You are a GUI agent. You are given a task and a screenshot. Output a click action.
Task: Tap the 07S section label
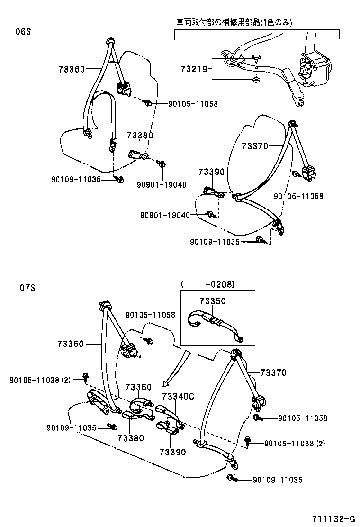pyautogui.click(x=27, y=288)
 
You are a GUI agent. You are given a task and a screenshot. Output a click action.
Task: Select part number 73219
pyautogui.click(x=194, y=69)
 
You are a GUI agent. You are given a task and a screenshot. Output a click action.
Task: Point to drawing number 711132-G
pyautogui.click(x=333, y=518)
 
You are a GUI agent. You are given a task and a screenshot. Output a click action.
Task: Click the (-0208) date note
pyautogui.click(x=207, y=284)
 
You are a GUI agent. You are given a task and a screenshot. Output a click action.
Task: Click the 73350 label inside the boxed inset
pyautogui.click(x=212, y=301)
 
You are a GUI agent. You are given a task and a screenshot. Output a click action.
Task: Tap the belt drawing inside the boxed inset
pyautogui.click(x=216, y=325)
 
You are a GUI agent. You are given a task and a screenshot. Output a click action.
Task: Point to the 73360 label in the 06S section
pyautogui.click(x=72, y=69)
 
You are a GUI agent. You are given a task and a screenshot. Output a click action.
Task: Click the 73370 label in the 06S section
pyautogui.click(x=255, y=146)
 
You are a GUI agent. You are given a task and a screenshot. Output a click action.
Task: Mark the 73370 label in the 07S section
pyautogui.click(x=273, y=373)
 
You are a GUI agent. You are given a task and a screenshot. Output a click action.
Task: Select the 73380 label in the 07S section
pyautogui.click(x=130, y=438)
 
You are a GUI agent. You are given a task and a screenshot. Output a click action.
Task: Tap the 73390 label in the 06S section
pyautogui.click(x=211, y=172)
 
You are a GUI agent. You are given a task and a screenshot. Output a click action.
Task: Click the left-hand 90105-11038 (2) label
pyautogui.click(x=40, y=380)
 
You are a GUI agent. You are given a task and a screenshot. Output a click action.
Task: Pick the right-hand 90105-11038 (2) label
pyautogui.click(x=294, y=444)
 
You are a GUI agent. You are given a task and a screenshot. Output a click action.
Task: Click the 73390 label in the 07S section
pyautogui.click(x=172, y=452)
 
